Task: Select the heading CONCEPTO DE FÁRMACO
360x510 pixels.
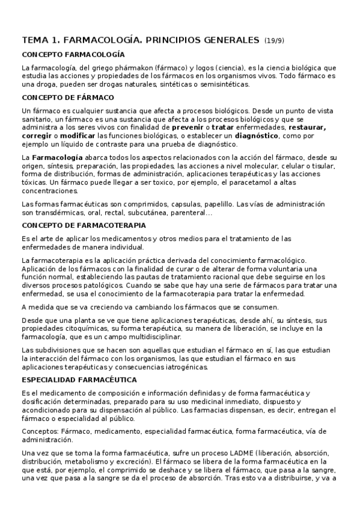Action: point(68,97)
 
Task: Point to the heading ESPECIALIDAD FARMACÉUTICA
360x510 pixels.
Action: point(79,379)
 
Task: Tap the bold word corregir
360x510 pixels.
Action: point(37,136)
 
